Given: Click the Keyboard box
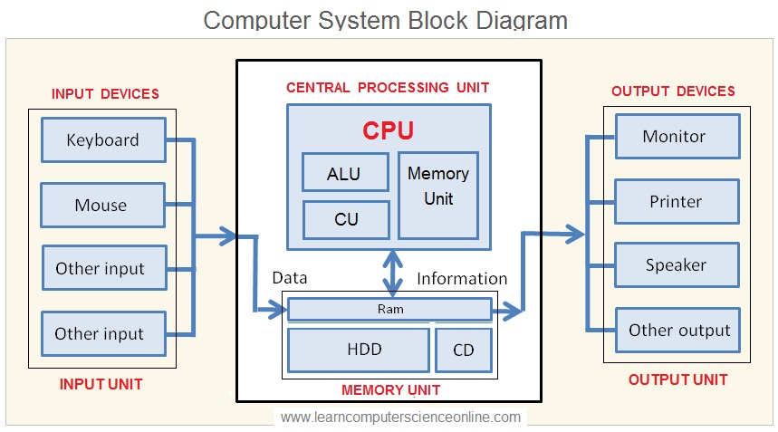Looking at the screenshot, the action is click(x=103, y=139).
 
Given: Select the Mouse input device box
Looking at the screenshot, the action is click(x=102, y=206).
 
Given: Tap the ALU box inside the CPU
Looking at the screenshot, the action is click(x=345, y=172).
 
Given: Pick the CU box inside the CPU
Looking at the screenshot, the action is click(x=346, y=220).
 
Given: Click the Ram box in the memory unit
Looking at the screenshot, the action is click(x=390, y=310).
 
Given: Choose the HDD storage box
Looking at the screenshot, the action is click(x=359, y=350).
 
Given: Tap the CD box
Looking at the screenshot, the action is click(x=464, y=350).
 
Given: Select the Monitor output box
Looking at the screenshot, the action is click(x=677, y=137).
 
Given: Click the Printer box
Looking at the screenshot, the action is click(x=677, y=201).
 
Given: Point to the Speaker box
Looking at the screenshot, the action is click(x=677, y=264).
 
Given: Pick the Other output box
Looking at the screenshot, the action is click(x=678, y=331).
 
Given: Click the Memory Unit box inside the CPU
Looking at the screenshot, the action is click(x=438, y=196).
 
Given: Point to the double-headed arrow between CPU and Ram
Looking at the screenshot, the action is click(x=392, y=274).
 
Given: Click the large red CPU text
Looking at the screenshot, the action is click(x=388, y=131).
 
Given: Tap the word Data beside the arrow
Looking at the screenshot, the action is click(x=290, y=278).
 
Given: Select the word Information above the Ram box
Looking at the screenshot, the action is click(x=462, y=279).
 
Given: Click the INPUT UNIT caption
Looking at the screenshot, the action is click(x=101, y=384).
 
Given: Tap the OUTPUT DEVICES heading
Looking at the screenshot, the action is click(x=673, y=91).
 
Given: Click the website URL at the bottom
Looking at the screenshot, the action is click(x=400, y=418).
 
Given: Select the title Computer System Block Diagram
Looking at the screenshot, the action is click(x=386, y=20).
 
